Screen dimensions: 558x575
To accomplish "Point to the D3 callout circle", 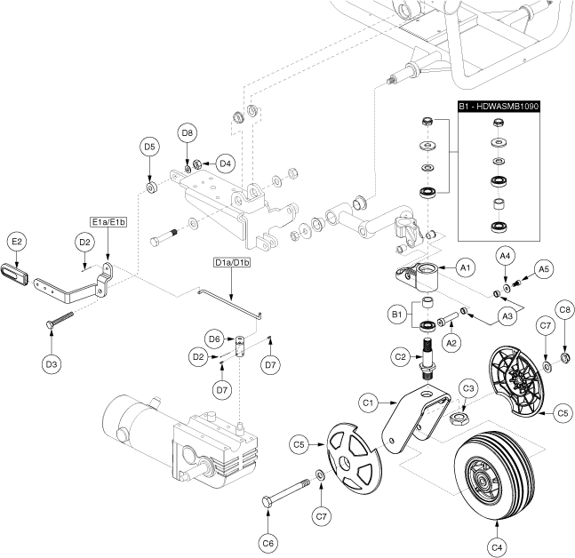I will pyautogui.click(x=52, y=363).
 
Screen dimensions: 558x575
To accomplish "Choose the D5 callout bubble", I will pyautogui.click(x=149, y=147).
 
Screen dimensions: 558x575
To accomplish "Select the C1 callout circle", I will pyautogui.click(x=368, y=403).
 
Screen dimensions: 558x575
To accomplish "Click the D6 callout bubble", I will pyautogui.click(x=213, y=339).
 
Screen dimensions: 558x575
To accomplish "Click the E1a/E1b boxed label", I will pyautogui.click(x=107, y=221).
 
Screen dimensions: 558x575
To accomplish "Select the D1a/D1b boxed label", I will pyautogui.click(x=232, y=262).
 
